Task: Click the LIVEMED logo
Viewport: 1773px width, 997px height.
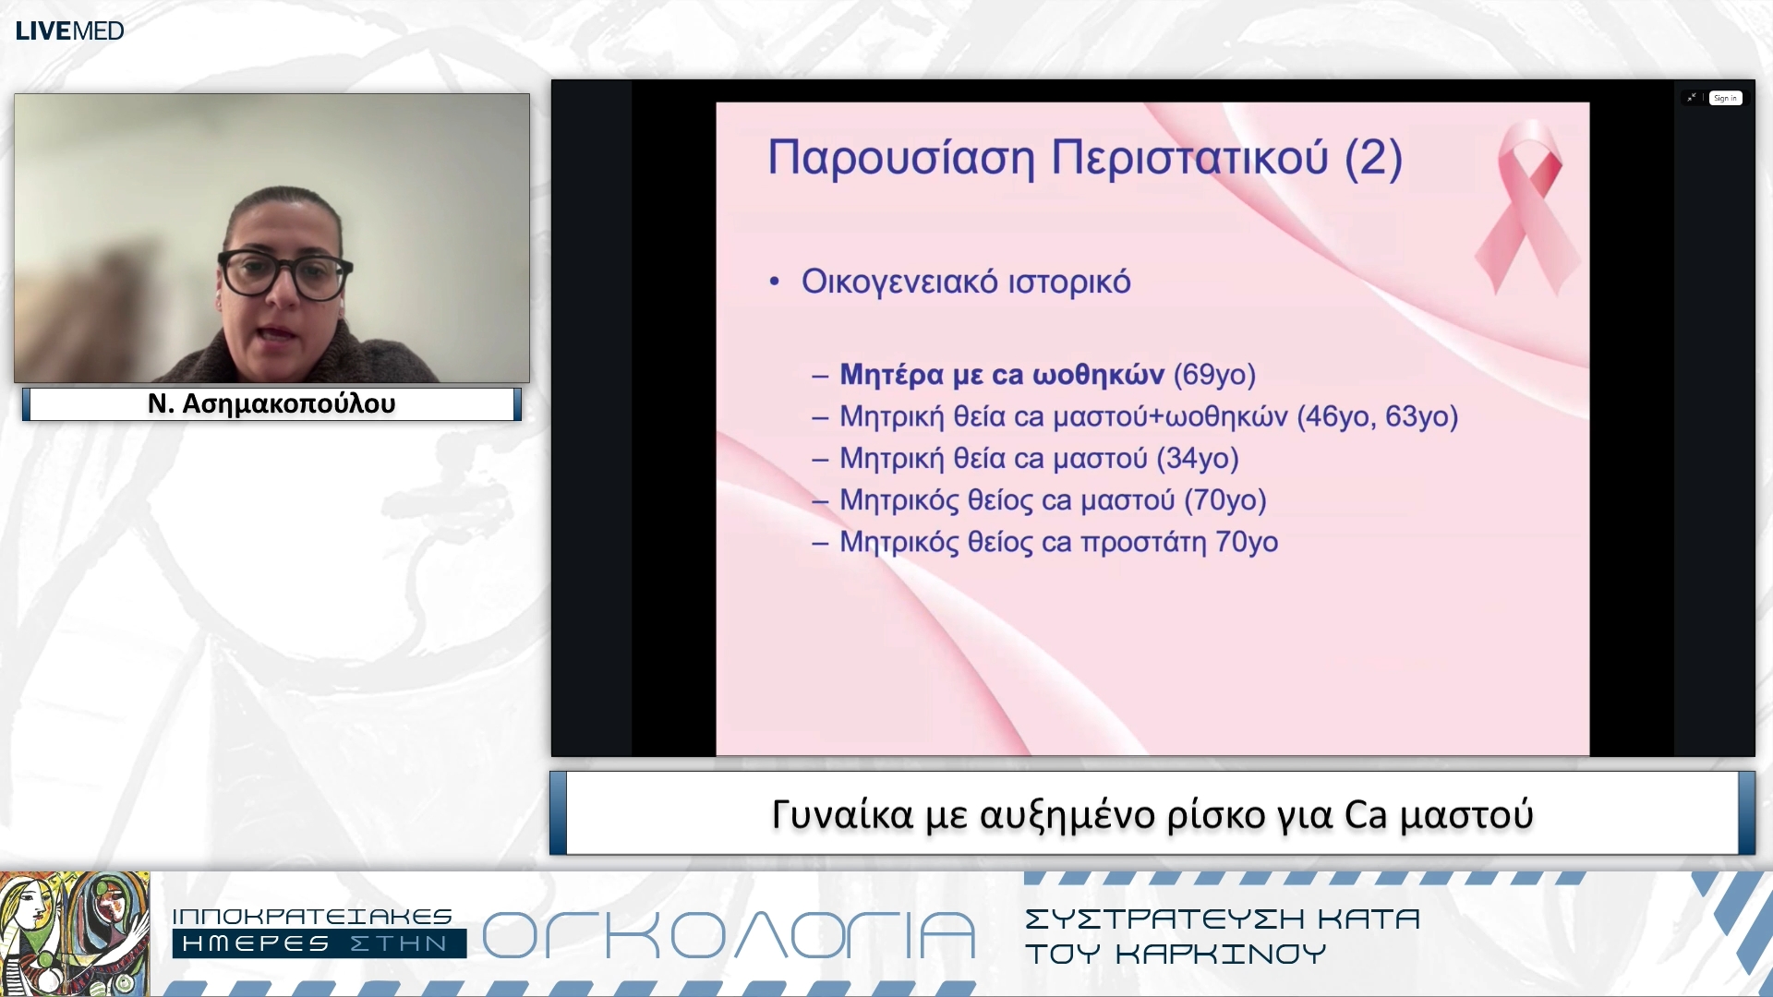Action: click(69, 30)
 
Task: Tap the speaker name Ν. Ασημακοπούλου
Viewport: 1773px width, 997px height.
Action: click(271, 404)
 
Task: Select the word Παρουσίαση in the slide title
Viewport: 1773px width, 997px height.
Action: click(901, 158)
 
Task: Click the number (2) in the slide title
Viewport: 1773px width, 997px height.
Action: click(1373, 158)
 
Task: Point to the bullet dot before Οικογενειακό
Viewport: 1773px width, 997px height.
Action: click(775, 282)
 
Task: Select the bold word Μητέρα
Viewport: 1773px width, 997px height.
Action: click(891, 375)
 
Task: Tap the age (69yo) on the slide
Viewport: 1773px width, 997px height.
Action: click(1214, 375)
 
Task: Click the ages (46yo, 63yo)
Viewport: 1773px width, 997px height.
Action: click(1377, 416)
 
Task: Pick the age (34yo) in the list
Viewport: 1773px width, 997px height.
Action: click(1197, 458)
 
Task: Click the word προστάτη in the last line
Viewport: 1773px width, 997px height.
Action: click(1143, 542)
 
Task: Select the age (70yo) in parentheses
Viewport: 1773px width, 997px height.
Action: click(1224, 500)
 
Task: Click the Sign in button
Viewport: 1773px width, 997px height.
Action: click(1725, 98)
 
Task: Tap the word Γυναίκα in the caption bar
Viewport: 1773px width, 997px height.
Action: click(842, 815)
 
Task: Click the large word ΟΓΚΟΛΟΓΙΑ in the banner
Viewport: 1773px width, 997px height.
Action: click(729, 935)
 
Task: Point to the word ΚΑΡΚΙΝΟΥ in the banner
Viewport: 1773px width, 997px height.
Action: click(1221, 954)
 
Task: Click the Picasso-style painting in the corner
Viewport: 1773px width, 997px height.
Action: click(74, 933)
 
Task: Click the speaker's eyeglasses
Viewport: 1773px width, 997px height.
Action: click(284, 274)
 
